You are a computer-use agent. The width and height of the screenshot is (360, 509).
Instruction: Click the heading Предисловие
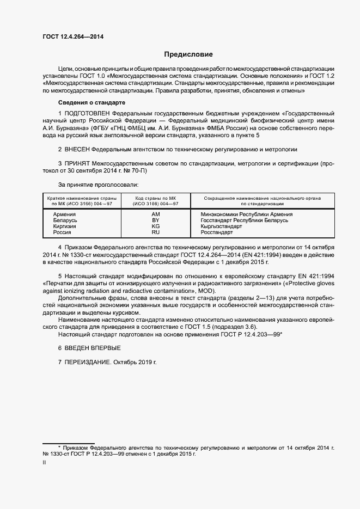click(188, 54)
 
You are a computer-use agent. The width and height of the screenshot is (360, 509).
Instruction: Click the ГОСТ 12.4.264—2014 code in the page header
click(72, 37)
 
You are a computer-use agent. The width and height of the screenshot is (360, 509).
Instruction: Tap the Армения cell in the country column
click(64, 214)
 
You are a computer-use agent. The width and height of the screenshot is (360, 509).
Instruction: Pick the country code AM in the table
click(156, 214)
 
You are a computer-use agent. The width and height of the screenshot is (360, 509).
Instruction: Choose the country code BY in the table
click(156, 220)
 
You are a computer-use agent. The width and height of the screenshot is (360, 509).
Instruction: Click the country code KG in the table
click(156, 226)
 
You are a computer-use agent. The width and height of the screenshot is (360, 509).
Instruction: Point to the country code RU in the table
click(156, 232)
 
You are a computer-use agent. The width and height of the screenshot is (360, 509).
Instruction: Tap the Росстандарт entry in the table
click(217, 232)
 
